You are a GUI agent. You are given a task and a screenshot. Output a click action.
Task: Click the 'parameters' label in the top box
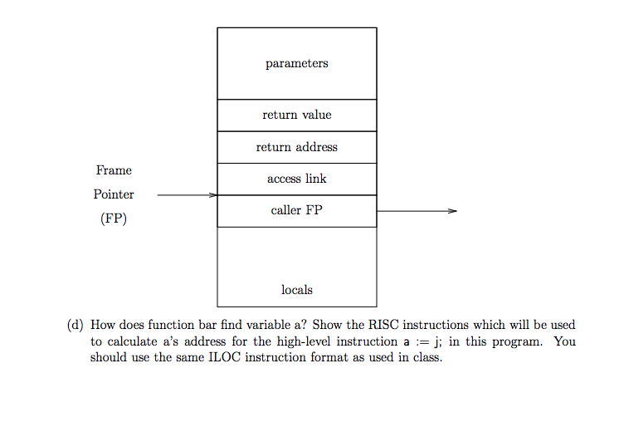point(296,63)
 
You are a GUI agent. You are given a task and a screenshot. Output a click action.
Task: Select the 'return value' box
point(296,115)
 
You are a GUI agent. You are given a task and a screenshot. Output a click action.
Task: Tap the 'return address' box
point(296,147)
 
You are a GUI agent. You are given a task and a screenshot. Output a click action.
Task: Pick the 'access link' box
point(296,179)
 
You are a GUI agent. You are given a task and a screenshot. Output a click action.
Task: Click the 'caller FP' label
point(296,210)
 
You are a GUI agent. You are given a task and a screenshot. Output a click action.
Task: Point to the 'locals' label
point(296,290)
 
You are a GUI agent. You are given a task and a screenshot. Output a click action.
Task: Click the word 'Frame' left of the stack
point(114,170)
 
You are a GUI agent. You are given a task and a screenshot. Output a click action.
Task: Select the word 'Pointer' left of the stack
point(114,194)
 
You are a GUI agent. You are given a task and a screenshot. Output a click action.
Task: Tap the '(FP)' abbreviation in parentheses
point(114,219)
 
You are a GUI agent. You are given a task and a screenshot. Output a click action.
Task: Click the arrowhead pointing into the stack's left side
point(212,195)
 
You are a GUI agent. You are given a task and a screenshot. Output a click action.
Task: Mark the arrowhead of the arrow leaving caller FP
point(451,211)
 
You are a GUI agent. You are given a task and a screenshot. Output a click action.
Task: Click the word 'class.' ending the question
point(427,357)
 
